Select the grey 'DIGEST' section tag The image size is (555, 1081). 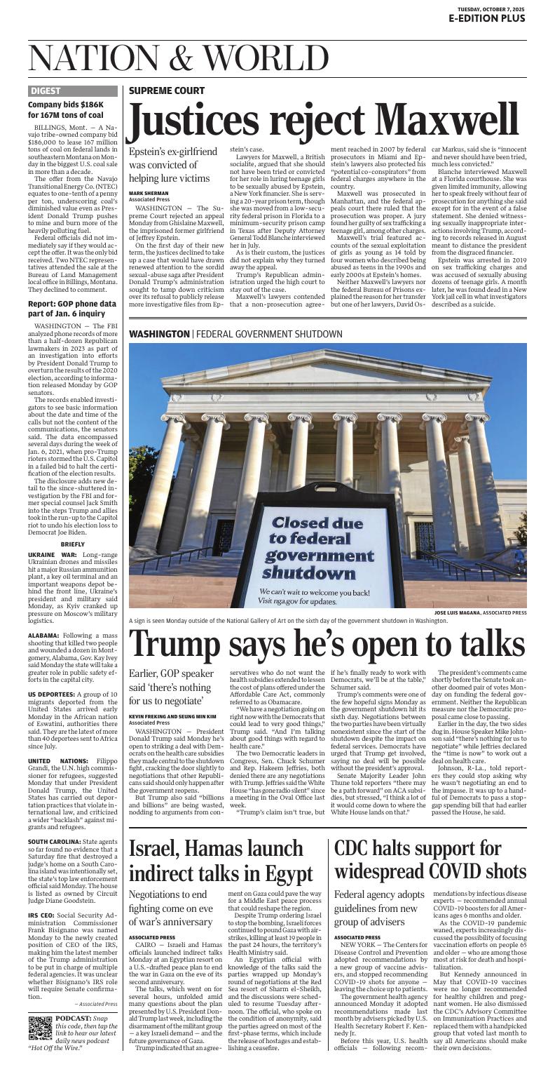[46, 90]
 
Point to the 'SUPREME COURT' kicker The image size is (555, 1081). [167, 90]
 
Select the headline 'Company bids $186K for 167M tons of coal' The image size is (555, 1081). [66, 110]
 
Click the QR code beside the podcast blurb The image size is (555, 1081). [40, 1007]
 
